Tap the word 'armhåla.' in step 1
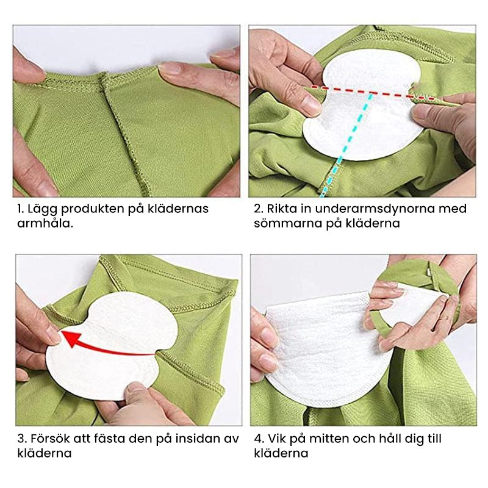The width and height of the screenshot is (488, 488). (x=45, y=223)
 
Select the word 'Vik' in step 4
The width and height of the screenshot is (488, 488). (x=276, y=439)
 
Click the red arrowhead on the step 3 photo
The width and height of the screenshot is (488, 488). (x=71, y=339)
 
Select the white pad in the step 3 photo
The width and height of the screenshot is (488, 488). (x=112, y=345)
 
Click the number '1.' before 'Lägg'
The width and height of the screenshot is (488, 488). (x=21, y=209)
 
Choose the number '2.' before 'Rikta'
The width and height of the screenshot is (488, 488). (x=259, y=209)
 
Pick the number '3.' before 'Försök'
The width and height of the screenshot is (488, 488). (x=22, y=439)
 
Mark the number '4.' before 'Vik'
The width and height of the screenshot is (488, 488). (x=259, y=439)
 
